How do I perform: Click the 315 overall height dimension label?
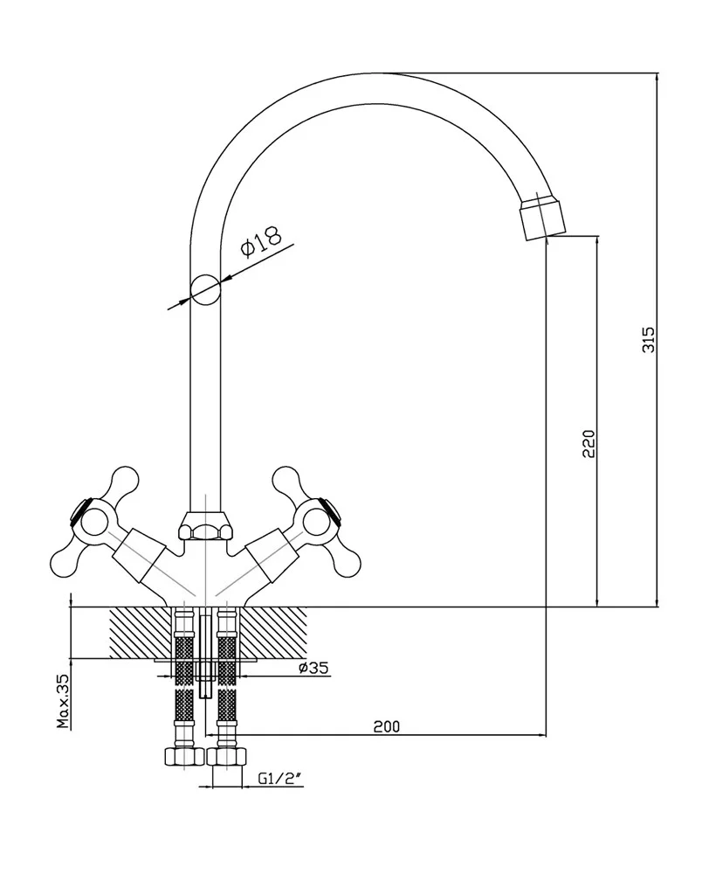tap(648, 339)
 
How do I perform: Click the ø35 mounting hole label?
tap(313, 669)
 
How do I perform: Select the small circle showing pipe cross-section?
tap(205, 288)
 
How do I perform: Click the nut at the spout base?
tap(205, 527)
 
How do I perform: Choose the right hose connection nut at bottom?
tap(227, 757)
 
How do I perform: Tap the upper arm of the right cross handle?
tap(287, 480)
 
